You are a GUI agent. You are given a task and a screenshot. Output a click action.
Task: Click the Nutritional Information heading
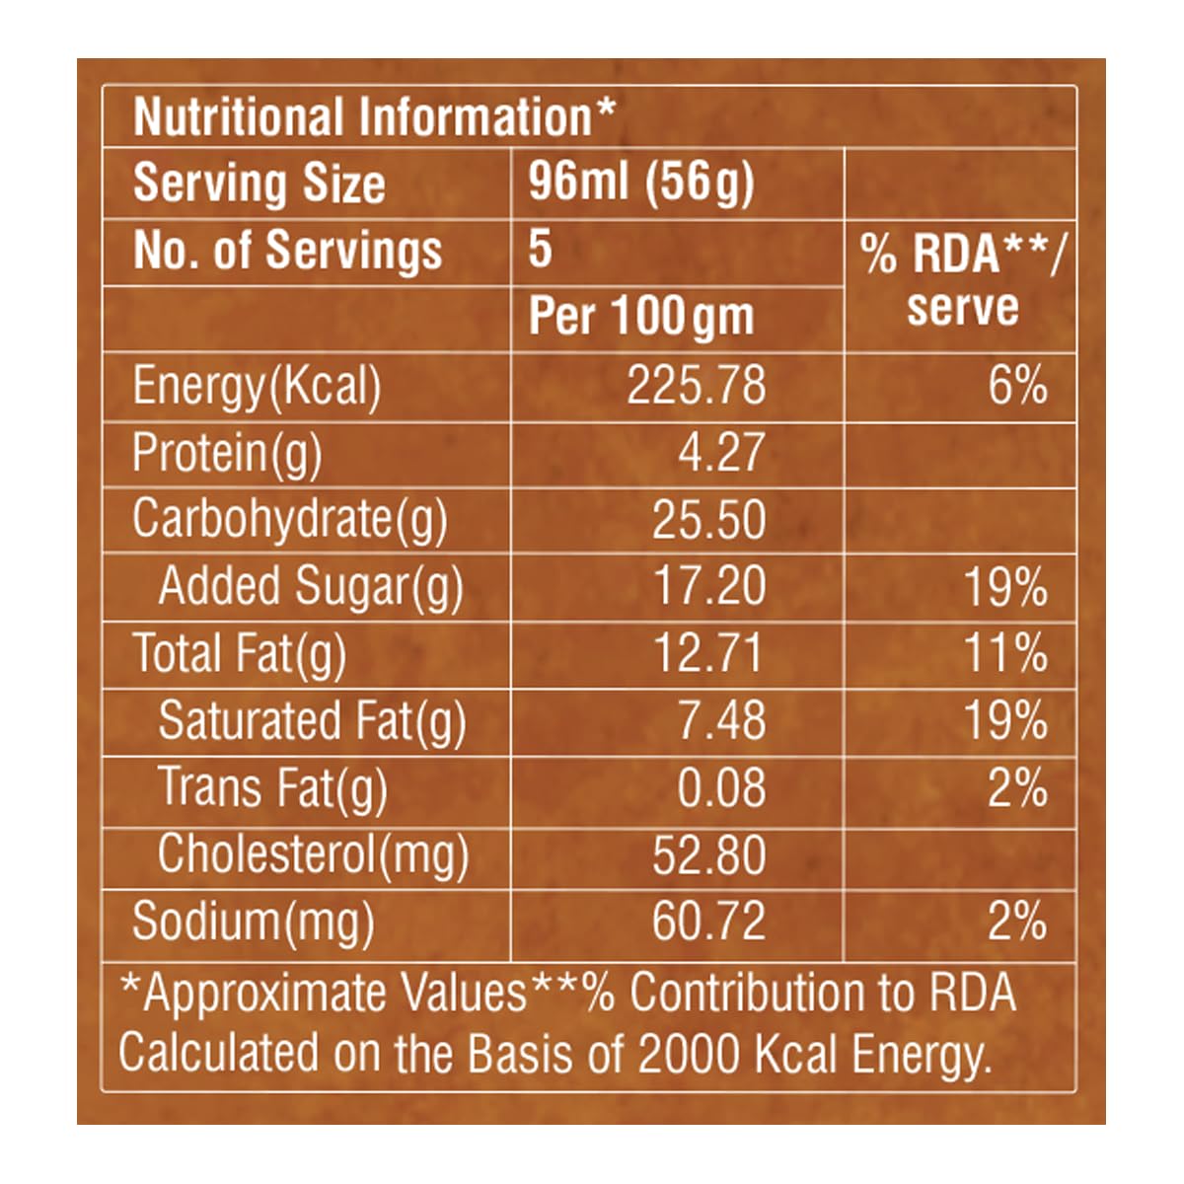click(373, 117)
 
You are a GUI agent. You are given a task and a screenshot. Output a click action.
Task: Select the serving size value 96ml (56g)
click(640, 183)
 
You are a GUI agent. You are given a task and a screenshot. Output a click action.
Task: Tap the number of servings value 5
click(540, 249)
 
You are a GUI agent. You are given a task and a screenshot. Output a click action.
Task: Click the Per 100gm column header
click(641, 317)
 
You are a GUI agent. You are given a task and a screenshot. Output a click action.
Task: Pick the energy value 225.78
click(696, 385)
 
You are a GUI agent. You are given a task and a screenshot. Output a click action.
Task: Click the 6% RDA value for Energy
click(1017, 385)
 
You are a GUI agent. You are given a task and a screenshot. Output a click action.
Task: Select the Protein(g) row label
click(227, 453)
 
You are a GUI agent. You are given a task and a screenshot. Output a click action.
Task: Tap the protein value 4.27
click(720, 453)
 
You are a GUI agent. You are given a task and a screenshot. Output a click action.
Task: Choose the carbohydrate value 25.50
click(708, 520)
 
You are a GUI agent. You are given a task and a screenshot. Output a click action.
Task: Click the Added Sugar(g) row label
click(310, 587)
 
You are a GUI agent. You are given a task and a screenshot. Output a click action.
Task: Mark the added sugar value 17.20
click(709, 587)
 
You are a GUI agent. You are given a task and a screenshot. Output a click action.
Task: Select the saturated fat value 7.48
click(720, 721)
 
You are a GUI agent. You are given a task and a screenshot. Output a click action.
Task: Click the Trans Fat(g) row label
click(272, 788)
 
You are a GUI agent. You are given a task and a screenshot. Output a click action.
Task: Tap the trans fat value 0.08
click(720, 788)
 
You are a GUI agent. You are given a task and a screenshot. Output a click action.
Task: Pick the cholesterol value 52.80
click(708, 854)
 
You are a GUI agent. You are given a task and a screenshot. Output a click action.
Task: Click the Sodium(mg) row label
click(253, 922)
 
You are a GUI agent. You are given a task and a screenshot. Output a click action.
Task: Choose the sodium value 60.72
click(708, 922)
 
